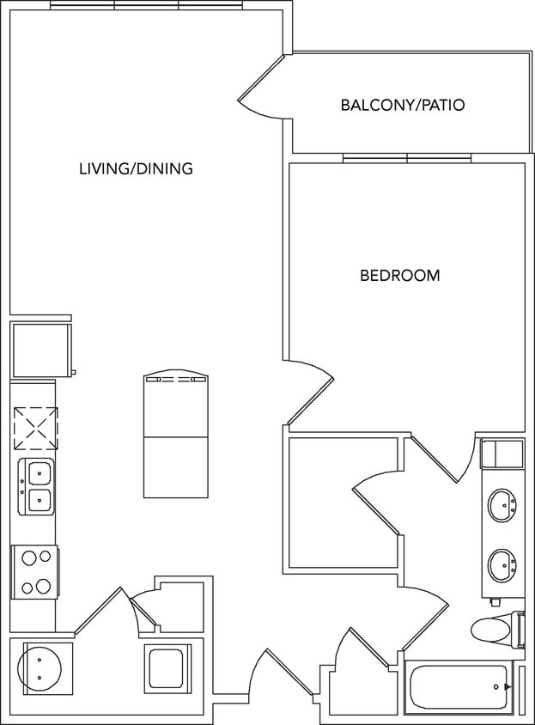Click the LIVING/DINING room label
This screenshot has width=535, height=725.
coord(136,168)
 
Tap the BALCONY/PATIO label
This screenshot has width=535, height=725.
coord(402,106)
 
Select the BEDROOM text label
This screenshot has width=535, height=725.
coord(399,276)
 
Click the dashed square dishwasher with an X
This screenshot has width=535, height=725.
coord(35,428)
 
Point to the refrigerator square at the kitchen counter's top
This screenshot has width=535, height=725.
coord(40,350)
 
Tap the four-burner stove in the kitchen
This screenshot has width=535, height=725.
coord(35,572)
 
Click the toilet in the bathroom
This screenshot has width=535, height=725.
coord(496,630)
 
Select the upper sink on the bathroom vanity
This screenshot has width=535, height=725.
coord(502,505)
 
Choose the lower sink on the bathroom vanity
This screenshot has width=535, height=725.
coord(502,565)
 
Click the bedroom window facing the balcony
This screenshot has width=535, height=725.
coord(407,158)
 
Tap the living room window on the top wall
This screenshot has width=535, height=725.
coord(147,5)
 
